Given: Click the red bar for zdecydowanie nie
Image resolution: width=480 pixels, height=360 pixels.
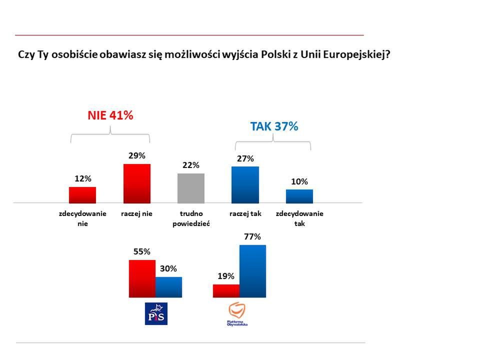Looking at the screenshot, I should (82, 194).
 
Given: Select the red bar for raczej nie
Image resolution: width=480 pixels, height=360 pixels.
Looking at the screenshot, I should (136, 183).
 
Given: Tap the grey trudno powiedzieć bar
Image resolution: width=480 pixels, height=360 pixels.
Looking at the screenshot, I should (191, 187).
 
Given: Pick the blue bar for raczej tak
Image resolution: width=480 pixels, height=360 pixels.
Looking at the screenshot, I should (245, 184).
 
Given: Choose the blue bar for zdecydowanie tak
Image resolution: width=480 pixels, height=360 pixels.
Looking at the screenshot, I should (299, 196).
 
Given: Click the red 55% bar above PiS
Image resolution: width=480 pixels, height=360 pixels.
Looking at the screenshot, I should (142, 278).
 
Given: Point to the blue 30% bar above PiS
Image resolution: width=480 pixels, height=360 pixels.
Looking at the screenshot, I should (168, 287).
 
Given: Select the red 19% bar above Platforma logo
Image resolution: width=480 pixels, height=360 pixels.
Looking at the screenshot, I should (226, 290).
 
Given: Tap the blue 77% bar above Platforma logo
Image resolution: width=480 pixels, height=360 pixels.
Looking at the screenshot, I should (252, 271).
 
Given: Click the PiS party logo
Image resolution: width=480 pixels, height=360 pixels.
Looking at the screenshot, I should (156, 313).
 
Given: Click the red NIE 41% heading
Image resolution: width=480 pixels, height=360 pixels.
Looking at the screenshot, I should (110, 115).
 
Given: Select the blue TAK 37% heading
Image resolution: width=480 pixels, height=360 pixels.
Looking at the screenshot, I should (274, 126).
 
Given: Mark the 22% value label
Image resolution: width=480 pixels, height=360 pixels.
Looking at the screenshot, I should (191, 165).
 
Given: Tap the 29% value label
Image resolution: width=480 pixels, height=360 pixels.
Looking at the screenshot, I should (136, 155).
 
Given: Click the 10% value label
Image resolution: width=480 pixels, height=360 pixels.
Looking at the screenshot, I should (299, 181).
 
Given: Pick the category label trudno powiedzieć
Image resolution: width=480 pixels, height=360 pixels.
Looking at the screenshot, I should (191, 218).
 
